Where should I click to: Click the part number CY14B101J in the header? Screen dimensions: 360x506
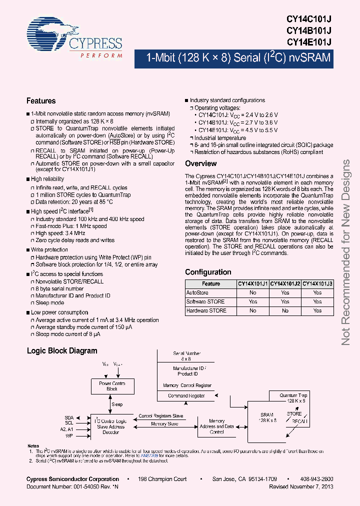click(308, 30)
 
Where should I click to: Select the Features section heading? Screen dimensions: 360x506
click(41, 101)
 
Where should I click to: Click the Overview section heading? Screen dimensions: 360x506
click(200, 163)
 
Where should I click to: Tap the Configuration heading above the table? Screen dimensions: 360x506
click(208, 272)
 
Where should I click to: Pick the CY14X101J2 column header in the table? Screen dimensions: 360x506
click(285, 283)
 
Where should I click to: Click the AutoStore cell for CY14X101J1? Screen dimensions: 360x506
click(252, 292)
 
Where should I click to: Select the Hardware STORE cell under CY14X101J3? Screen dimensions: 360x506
click(317, 310)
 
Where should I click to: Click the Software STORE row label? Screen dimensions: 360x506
click(205, 301)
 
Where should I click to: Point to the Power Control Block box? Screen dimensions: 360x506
click(112, 386)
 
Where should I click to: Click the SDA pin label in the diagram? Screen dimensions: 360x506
click(68, 417)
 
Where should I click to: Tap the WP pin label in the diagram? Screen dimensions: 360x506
click(69, 436)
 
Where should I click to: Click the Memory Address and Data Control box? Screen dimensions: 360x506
click(216, 426)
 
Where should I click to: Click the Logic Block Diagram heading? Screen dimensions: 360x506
click(62, 351)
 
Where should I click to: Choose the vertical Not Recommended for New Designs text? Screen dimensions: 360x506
click(346, 252)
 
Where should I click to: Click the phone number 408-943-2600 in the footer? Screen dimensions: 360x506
click(317, 479)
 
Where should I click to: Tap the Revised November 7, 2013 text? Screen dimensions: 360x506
click(301, 486)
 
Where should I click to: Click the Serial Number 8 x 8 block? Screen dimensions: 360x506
click(185, 356)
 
